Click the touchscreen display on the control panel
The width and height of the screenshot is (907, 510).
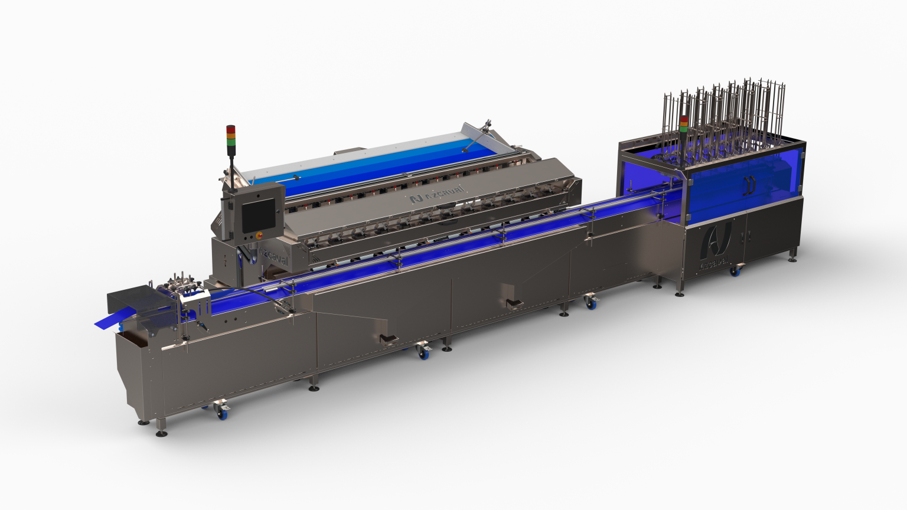(259, 215)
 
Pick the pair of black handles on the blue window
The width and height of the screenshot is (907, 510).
(750, 185)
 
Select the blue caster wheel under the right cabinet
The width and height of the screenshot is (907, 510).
(735, 272)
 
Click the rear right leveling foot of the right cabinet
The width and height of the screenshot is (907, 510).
(792, 257)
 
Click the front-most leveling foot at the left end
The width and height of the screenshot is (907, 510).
(161, 433)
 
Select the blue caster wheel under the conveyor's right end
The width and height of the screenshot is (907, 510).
(589, 303)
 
